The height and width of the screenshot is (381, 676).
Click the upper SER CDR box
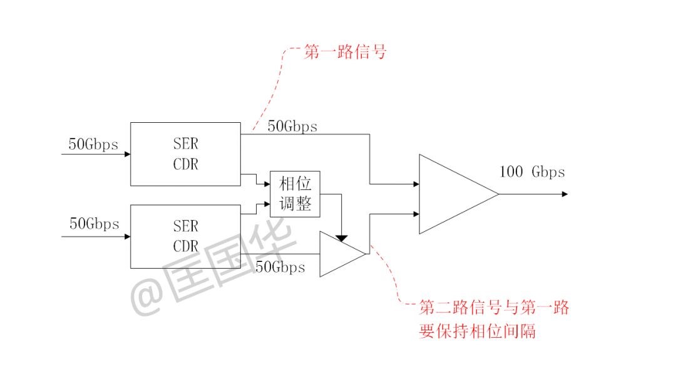pos(185,154)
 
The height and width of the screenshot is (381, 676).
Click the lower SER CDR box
pos(185,235)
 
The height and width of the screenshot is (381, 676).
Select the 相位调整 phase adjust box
pos(295,194)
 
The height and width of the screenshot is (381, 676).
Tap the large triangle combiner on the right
pos(454,194)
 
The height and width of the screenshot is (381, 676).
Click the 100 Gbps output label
pos(532,172)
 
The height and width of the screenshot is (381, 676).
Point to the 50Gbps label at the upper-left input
pos(93,144)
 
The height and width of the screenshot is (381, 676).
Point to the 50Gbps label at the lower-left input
pos(94,224)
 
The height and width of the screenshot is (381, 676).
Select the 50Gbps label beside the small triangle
pos(280,268)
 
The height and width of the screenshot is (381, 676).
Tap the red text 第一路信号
pos(345,52)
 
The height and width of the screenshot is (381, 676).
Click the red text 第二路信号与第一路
pos(494,308)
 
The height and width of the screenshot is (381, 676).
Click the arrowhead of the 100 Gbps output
pos(565,194)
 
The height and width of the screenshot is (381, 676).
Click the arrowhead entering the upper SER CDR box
pos(126,154)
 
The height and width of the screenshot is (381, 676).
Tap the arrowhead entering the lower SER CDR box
pos(126,236)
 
